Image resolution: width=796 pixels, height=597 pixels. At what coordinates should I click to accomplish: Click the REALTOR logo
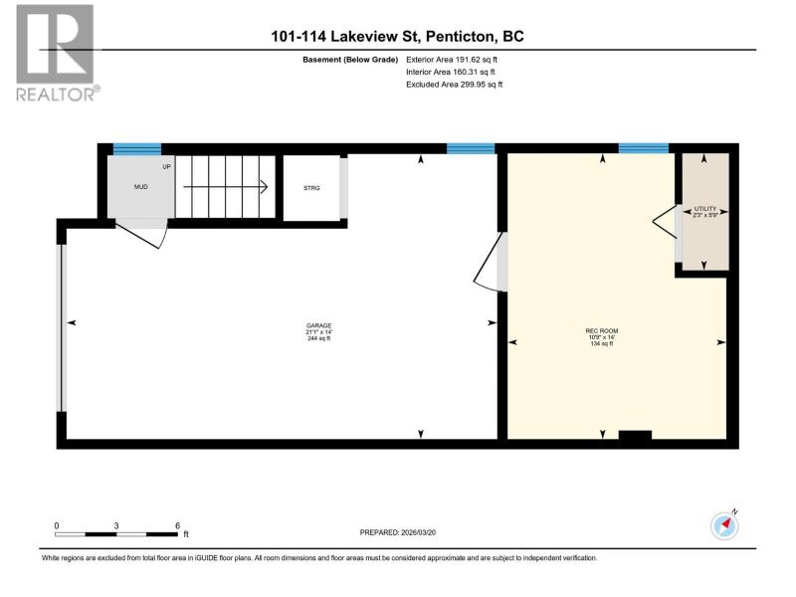coord(56,53)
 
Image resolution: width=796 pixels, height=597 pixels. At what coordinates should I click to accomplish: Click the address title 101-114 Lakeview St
coord(345,37)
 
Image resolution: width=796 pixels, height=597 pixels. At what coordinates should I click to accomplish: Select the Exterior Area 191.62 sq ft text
coord(452,60)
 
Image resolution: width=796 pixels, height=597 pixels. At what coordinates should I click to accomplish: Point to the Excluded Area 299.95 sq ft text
coord(454,85)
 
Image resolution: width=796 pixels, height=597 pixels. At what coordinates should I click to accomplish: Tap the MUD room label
coord(140,187)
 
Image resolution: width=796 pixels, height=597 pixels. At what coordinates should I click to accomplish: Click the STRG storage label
coord(311,188)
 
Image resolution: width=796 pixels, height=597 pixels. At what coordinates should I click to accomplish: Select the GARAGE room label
coord(318,325)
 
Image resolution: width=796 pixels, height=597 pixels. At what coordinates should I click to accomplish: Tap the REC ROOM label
coord(602,331)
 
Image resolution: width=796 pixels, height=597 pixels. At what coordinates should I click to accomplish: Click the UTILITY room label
coord(705,209)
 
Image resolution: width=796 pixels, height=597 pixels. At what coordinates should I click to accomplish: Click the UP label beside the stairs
coord(166,166)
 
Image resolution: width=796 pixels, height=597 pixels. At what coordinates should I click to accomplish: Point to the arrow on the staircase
coord(226,187)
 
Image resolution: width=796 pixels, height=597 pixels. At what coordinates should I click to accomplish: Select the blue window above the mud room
coord(137,148)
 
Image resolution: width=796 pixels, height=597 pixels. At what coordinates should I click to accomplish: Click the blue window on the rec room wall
coord(643,148)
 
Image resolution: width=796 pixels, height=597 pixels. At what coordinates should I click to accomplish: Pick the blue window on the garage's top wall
coord(471,148)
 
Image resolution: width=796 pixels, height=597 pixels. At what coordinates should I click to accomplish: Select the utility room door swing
coord(665,221)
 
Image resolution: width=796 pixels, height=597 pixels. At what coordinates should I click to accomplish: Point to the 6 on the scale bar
coord(178,526)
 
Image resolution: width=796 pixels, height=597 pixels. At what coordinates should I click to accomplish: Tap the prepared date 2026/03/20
coord(418,532)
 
